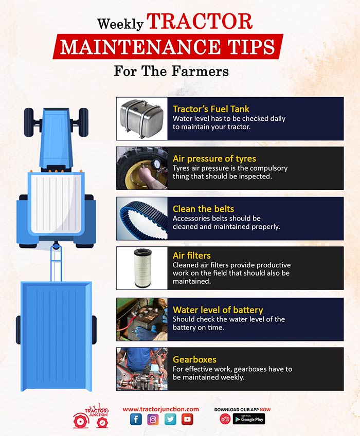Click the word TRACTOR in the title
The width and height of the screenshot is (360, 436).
click(x=200, y=21)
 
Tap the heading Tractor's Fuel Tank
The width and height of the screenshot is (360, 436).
click(x=211, y=108)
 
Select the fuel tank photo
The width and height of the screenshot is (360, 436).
click(x=142, y=118)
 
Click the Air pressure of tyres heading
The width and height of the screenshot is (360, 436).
click(x=214, y=158)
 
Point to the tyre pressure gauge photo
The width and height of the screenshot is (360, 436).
click(x=142, y=168)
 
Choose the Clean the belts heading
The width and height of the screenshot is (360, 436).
click(x=203, y=209)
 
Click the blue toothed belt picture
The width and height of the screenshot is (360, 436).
click(x=142, y=219)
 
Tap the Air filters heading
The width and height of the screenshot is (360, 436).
click(x=192, y=255)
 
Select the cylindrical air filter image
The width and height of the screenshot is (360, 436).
click(x=142, y=268)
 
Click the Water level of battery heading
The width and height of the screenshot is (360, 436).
click(x=218, y=310)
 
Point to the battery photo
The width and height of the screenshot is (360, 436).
click(x=142, y=319)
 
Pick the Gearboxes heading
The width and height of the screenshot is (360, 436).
click(x=194, y=359)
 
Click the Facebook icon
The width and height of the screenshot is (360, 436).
click(x=136, y=419)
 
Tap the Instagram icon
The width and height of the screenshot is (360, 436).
click(x=153, y=420)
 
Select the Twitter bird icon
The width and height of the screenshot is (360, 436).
click(x=170, y=420)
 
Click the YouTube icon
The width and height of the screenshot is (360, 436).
click(x=187, y=420)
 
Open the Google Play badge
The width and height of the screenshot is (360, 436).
click(x=249, y=419)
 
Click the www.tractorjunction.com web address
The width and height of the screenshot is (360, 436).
click(x=161, y=409)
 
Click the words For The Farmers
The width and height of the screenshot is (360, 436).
click(x=171, y=71)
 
